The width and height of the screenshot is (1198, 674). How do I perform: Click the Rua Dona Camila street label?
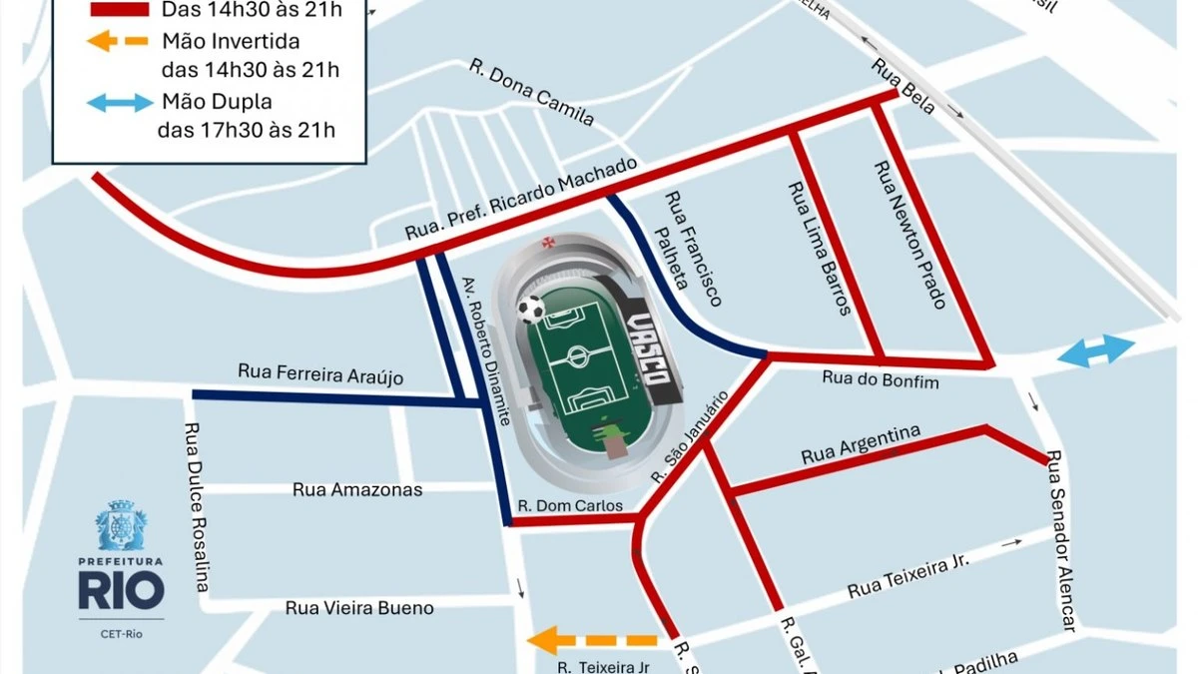pyautogui.click(x=532, y=94)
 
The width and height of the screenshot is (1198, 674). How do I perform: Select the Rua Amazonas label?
pyautogui.click(x=357, y=489)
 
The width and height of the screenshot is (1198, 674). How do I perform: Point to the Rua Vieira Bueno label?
pyautogui.click(x=359, y=608)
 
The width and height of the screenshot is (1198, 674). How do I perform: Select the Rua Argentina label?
pyautogui.click(x=860, y=445)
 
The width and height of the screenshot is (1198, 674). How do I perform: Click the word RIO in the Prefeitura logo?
pyautogui.click(x=121, y=590)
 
